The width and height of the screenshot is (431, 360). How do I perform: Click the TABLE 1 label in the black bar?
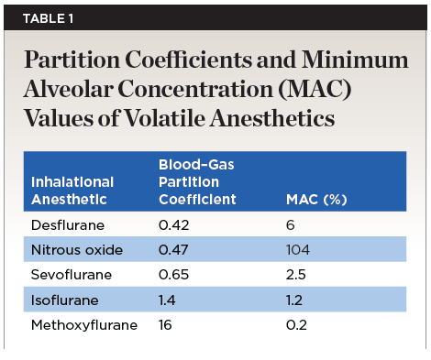point(48,18)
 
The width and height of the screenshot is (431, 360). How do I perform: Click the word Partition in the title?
point(72,60)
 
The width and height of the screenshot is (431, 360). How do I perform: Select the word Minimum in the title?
point(355,60)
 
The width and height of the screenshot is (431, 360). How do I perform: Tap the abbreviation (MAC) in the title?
point(315,89)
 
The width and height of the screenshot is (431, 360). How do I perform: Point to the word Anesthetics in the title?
point(272,118)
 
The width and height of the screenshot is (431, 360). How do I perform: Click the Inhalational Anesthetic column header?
point(72,191)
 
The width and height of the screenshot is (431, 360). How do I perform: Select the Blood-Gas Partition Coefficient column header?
point(197,182)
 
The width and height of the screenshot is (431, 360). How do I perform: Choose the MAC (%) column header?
point(316,200)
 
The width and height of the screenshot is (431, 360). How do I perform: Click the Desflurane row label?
point(68,225)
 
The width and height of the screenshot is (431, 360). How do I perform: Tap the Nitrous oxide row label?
point(77,250)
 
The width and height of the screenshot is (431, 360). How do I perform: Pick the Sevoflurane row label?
point(72,275)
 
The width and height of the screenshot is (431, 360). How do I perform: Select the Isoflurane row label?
point(65,300)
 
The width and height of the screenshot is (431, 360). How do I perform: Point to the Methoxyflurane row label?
point(84,325)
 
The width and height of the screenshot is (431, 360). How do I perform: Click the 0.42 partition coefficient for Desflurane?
point(173,225)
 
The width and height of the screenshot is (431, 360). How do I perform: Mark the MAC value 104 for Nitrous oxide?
point(298,250)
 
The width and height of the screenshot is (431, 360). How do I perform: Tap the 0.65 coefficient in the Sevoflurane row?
point(173,275)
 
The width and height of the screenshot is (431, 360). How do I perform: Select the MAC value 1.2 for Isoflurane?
point(294,300)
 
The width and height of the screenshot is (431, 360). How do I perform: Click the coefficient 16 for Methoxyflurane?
point(165,325)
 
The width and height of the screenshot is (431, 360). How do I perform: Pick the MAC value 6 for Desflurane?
point(291,225)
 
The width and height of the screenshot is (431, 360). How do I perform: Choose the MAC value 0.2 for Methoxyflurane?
point(296,325)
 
